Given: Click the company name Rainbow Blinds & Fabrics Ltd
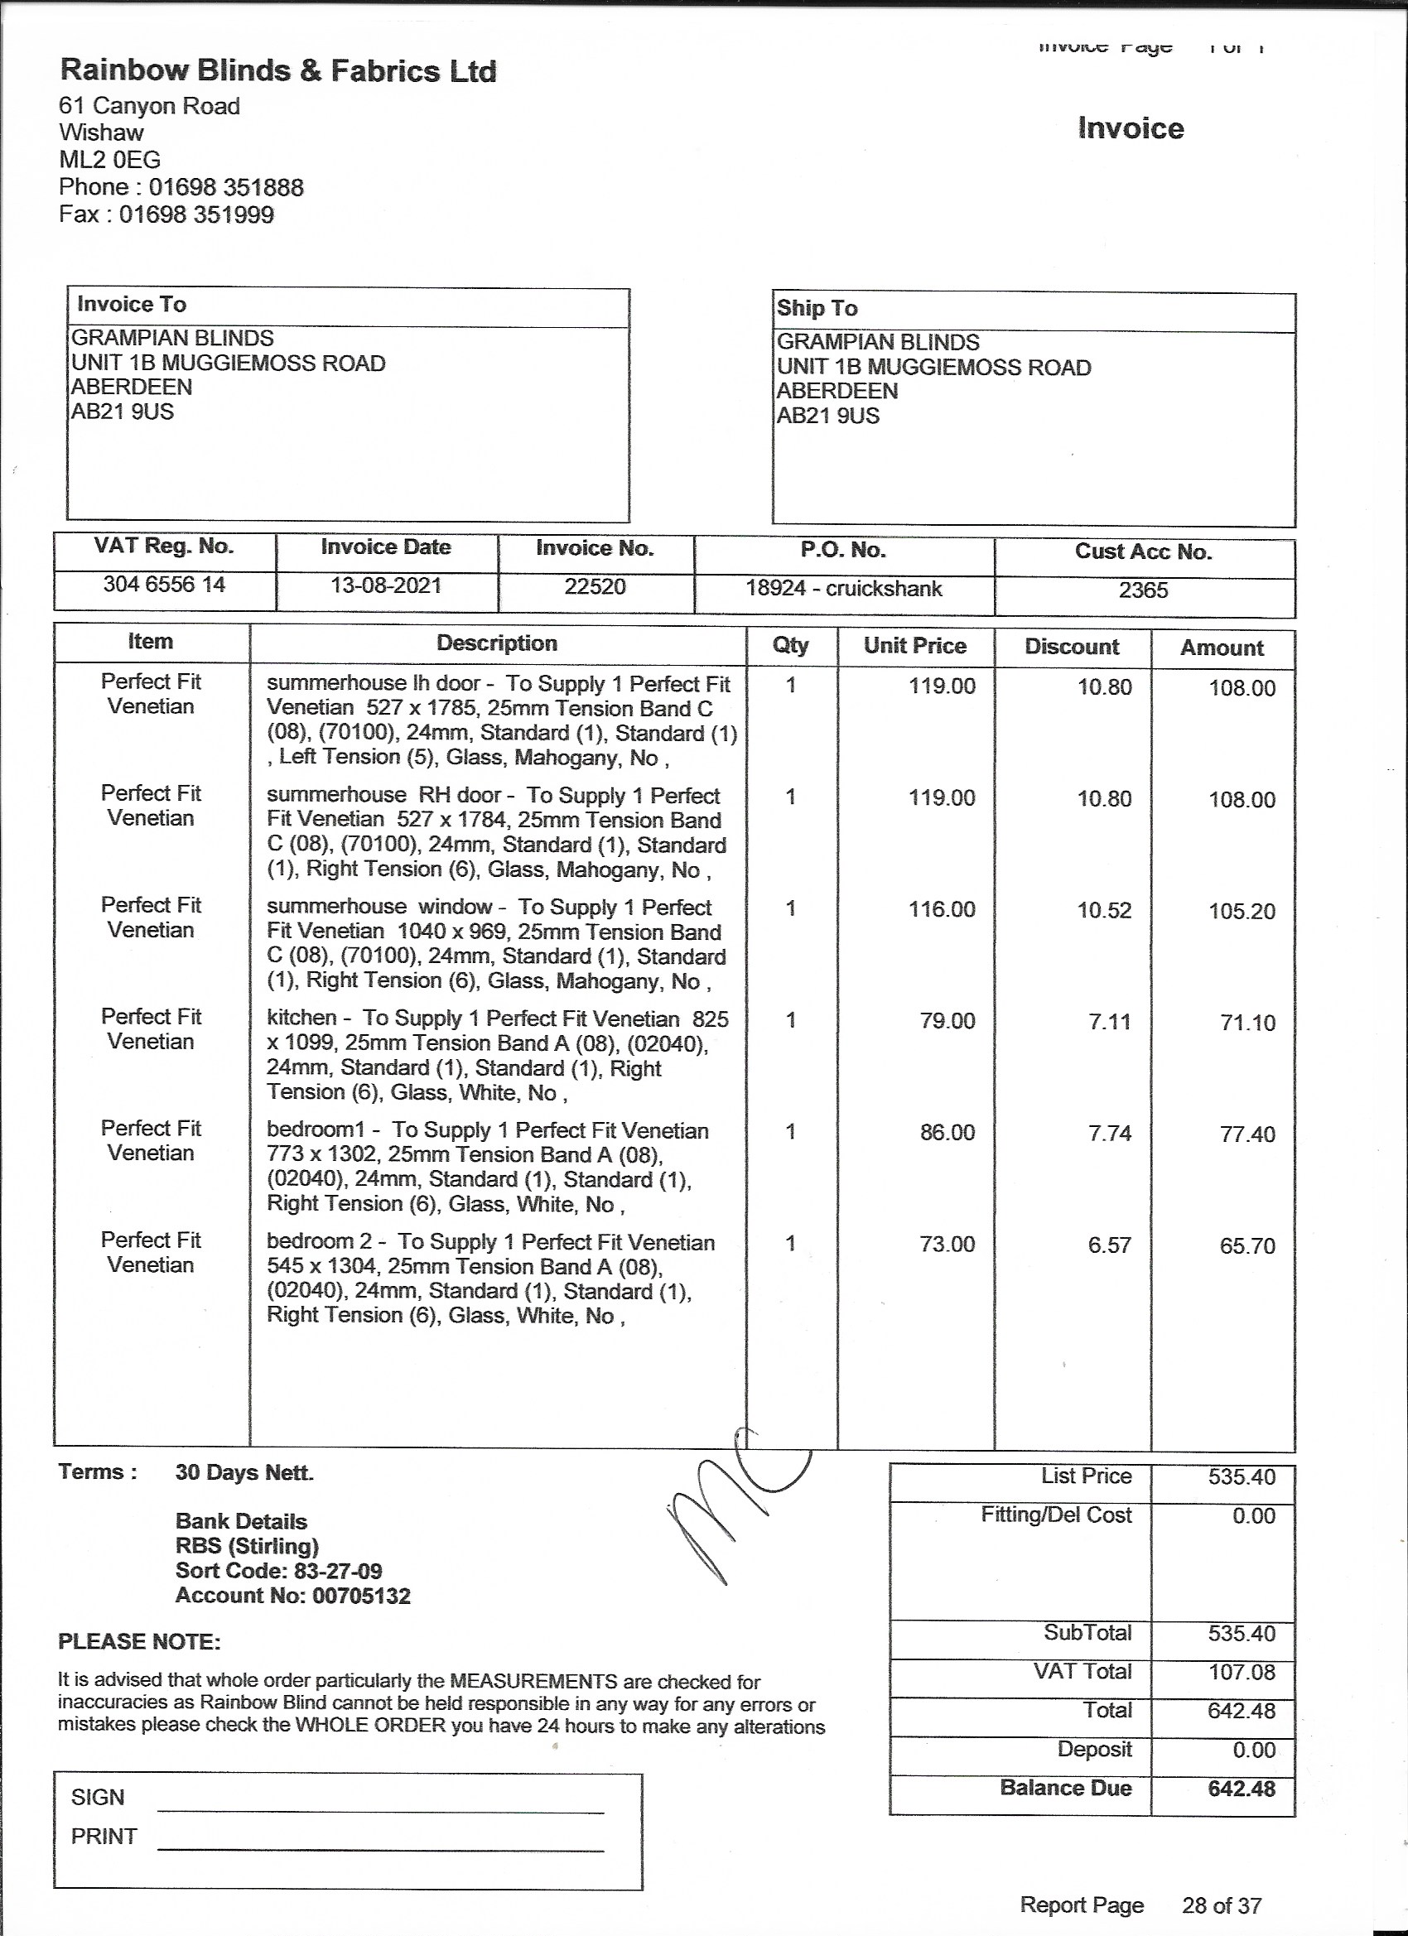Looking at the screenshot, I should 277,71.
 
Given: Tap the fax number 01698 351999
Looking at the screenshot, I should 195,214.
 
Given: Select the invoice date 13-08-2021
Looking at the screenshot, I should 386,585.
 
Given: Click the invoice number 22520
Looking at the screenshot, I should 596,586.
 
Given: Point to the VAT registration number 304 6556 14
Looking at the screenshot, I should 164,585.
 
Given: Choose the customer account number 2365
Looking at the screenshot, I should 1143,590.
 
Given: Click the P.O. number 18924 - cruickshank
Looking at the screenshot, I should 844,588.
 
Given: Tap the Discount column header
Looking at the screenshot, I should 1072,646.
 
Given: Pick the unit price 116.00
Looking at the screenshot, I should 942,909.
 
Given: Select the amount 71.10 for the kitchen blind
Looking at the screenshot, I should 1247,1023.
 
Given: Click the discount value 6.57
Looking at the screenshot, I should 1109,1245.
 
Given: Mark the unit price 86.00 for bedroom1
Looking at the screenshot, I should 947,1133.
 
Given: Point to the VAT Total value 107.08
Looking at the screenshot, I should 1241,1671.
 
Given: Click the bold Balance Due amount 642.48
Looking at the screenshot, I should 1241,1788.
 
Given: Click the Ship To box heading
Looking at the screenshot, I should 817,308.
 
